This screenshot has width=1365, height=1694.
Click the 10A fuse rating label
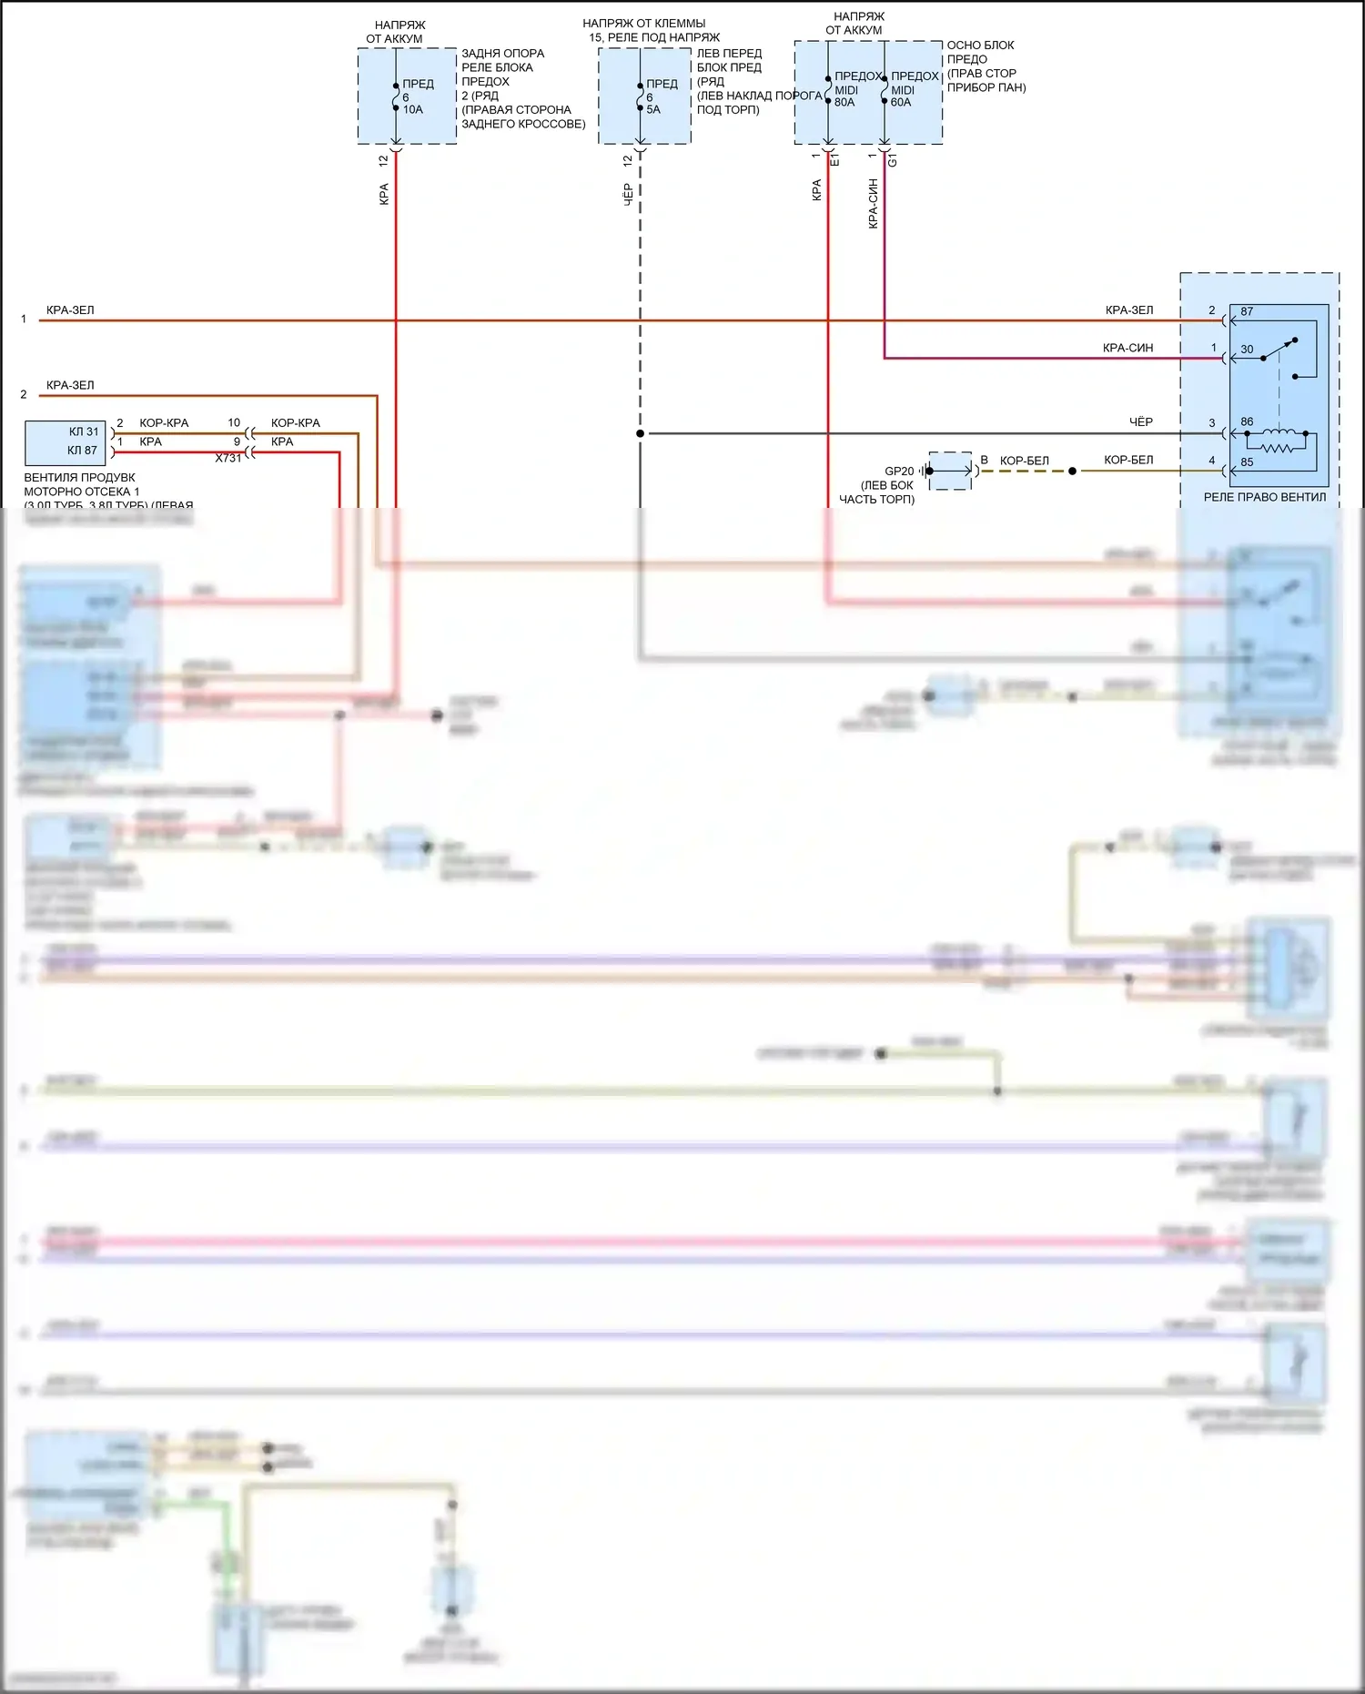click(x=413, y=110)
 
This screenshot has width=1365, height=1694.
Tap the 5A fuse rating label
click(x=653, y=110)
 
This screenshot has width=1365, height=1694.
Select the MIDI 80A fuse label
click(x=845, y=96)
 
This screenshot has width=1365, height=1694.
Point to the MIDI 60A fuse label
click(x=902, y=96)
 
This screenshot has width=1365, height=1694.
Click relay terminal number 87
click(x=1247, y=312)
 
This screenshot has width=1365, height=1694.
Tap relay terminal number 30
click(x=1247, y=350)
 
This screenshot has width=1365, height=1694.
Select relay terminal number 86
click(x=1247, y=422)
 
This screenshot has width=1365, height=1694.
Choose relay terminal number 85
click(x=1247, y=462)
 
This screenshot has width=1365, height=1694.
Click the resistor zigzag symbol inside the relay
click(x=1276, y=448)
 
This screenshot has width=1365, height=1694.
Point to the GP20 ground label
click(x=899, y=472)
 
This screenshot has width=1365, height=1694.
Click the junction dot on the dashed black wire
click(x=641, y=433)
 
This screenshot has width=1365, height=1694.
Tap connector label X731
click(x=228, y=459)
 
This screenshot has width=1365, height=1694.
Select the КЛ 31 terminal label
click(x=84, y=432)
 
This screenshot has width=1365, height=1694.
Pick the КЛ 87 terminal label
click(x=82, y=451)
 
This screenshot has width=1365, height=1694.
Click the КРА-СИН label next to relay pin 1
click(x=1127, y=349)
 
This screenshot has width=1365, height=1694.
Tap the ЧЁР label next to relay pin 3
click(x=1140, y=422)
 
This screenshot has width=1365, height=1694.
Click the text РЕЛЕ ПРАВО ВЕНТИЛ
click(x=1264, y=498)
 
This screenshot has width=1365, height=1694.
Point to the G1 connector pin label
click(x=893, y=160)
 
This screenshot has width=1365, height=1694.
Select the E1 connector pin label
click(x=835, y=160)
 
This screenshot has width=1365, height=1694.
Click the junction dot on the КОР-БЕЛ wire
click(x=1073, y=472)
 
